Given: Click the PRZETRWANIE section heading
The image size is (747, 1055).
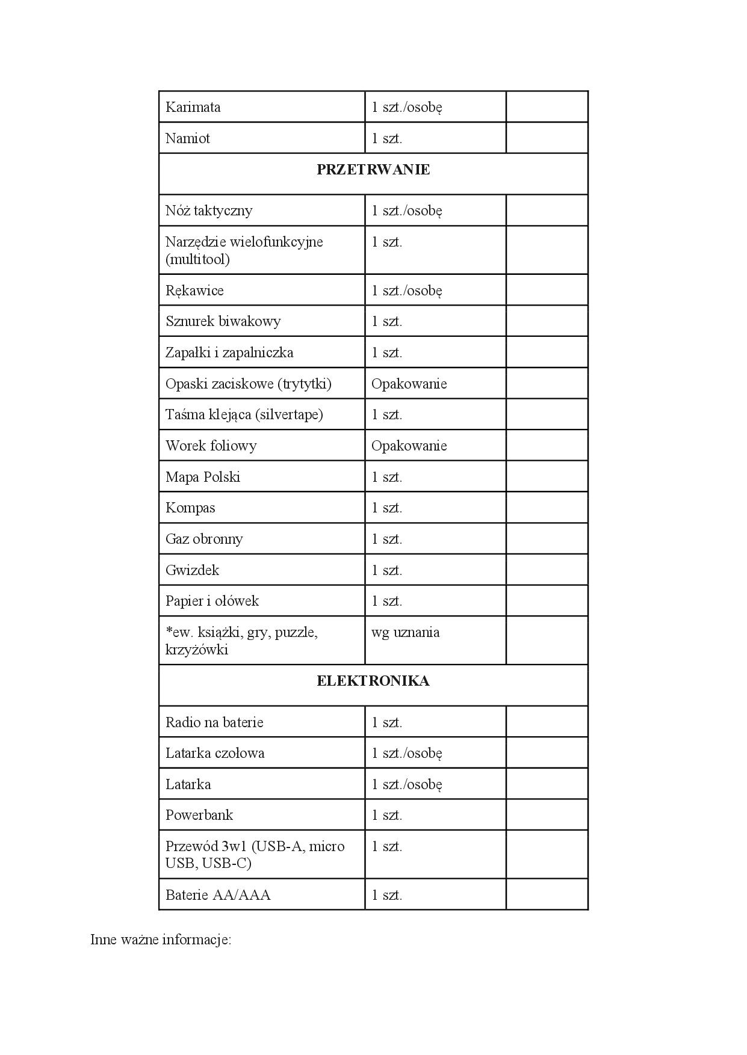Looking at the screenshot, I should pyautogui.click(x=373, y=170).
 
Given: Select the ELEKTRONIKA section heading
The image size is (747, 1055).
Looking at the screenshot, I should pyautogui.click(x=373, y=681).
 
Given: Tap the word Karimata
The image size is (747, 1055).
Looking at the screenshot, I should pyautogui.click(x=193, y=107).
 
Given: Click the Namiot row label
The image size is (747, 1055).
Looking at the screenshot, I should pyautogui.click(x=188, y=138).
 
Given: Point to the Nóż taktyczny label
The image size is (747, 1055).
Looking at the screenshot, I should pyautogui.click(x=209, y=211).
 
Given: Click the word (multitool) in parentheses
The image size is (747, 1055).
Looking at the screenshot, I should pyautogui.click(x=198, y=259).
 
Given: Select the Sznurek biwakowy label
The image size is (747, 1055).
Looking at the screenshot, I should pyautogui.click(x=223, y=321).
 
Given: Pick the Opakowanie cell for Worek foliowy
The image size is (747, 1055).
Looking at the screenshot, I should pyautogui.click(x=409, y=446).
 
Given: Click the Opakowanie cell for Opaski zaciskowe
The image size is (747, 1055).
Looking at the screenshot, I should pyautogui.click(x=409, y=384).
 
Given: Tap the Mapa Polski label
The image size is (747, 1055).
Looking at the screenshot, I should pyautogui.click(x=203, y=477).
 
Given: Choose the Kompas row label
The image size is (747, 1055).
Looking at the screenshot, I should pyautogui.click(x=190, y=508).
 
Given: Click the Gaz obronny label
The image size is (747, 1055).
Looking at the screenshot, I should pyautogui.click(x=204, y=539).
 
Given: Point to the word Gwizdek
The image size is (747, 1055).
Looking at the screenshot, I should pyautogui.click(x=193, y=570).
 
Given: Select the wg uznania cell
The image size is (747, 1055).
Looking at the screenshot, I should pyautogui.click(x=406, y=632).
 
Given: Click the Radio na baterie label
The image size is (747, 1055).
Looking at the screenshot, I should pyautogui.click(x=214, y=722).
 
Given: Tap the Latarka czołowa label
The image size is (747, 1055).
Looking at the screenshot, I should pyautogui.click(x=215, y=753).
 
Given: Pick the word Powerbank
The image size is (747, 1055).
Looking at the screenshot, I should pyautogui.click(x=199, y=815).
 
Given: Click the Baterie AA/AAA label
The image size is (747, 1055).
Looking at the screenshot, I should pyautogui.click(x=218, y=895).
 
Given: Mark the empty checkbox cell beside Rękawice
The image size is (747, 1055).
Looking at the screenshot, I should pyautogui.click(x=547, y=290).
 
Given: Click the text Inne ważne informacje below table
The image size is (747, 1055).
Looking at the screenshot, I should pyautogui.click(x=161, y=940).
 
